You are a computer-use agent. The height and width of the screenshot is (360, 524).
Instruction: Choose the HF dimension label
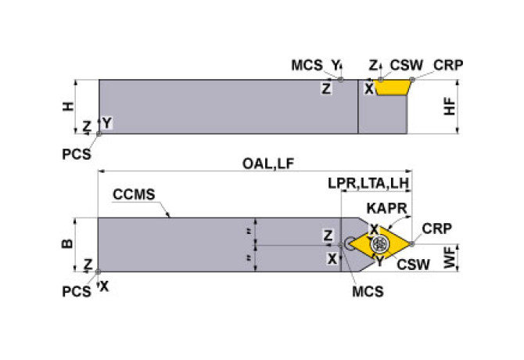[449, 107]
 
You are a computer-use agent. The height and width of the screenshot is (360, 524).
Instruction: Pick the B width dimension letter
[67, 244]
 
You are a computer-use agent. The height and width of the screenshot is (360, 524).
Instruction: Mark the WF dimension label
[449, 258]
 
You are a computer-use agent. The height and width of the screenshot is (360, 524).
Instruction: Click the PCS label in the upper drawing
[77, 153]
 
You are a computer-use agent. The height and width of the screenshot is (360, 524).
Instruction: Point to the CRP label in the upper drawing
[449, 65]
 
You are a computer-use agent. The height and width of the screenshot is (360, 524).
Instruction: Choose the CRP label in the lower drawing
[436, 229]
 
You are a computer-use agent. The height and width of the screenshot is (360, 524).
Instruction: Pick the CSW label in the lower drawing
[412, 265]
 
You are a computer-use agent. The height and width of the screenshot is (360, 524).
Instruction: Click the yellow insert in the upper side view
[393, 87]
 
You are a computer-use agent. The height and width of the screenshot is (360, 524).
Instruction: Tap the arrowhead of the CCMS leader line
[171, 215]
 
